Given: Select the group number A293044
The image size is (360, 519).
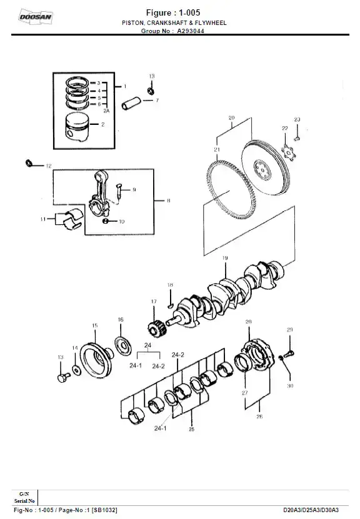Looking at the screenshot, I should [191, 30].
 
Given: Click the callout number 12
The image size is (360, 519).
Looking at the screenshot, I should [48, 167].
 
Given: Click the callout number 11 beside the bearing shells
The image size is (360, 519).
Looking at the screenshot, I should [43, 219].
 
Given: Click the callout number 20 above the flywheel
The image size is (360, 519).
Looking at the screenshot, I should [231, 117].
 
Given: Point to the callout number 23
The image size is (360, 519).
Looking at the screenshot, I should [297, 119].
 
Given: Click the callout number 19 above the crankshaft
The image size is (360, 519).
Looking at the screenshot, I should [224, 258].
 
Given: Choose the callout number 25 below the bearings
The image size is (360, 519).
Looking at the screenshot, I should [192, 430].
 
